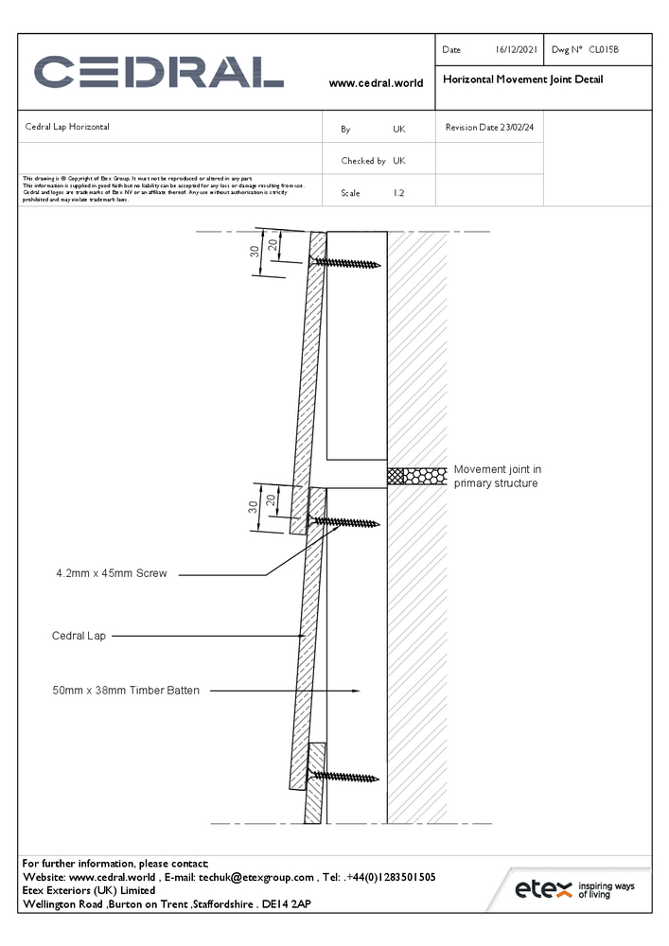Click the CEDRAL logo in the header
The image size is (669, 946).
159,73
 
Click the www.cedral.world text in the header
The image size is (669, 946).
376,83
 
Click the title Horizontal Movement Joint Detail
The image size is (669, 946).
522,79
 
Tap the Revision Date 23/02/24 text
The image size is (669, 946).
489,127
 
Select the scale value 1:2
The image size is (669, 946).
399,193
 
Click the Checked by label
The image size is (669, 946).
363,161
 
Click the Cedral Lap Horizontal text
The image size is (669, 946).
67,127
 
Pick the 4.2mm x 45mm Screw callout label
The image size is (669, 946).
112,573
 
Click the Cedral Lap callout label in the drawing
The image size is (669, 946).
79,637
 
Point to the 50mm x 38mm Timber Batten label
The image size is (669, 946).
126,691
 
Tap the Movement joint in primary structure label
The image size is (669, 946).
497,476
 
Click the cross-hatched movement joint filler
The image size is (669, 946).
417,477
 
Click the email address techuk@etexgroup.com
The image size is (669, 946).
255,877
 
